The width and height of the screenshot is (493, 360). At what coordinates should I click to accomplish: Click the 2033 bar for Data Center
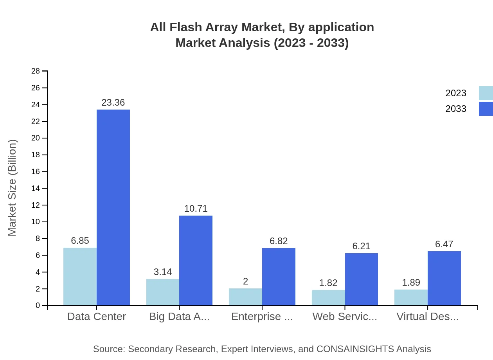(x=113, y=207)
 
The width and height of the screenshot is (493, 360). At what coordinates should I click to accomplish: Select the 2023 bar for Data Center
(x=80, y=276)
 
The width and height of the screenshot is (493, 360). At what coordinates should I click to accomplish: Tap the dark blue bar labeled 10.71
(x=196, y=260)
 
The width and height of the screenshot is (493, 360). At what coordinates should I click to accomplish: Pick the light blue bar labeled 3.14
(x=163, y=292)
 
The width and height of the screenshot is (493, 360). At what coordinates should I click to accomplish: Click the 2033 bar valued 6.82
(x=279, y=277)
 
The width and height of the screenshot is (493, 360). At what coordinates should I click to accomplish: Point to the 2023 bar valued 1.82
(x=328, y=297)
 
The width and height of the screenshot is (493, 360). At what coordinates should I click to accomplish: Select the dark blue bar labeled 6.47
(x=444, y=278)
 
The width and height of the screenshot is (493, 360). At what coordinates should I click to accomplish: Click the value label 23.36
(x=113, y=103)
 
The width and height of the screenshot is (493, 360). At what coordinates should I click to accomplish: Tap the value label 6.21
(x=361, y=246)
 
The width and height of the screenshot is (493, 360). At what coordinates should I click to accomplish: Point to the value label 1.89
(x=411, y=283)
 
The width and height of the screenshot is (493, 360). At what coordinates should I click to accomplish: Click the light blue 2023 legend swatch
(x=486, y=93)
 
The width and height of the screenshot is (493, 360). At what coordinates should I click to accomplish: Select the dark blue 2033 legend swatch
(x=486, y=109)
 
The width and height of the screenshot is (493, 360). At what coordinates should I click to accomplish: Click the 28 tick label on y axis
(x=36, y=71)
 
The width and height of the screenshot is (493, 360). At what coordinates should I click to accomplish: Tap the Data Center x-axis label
(x=97, y=317)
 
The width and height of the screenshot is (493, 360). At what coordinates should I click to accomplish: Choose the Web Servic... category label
(x=345, y=317)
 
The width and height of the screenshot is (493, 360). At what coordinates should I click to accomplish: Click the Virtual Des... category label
(x=427, y=317)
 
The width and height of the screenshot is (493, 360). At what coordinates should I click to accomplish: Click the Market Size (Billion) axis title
(x=13, y=188)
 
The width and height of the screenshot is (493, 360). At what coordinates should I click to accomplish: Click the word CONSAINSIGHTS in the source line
(x=355, y=349)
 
